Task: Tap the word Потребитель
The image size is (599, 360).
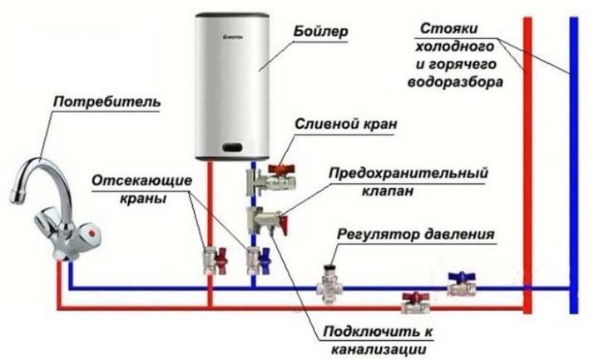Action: coord(107,102)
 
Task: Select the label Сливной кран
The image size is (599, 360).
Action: coord(345,124)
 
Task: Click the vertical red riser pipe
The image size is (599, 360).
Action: coord(527,166)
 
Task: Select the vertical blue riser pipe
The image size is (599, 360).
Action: coord(574,166)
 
